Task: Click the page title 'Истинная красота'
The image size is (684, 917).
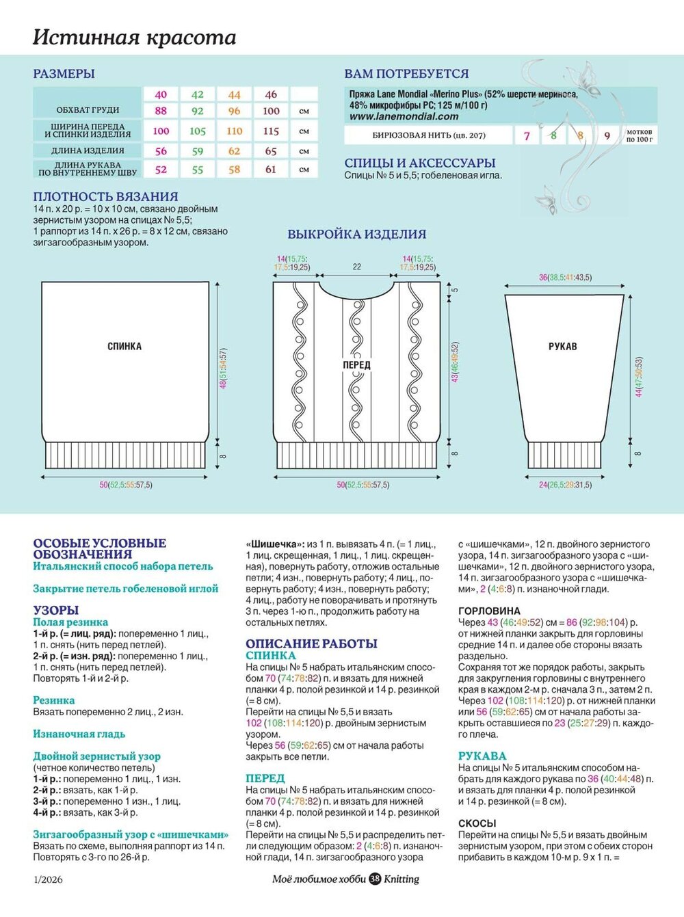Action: (135, 37)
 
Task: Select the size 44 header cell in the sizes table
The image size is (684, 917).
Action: (235, 94)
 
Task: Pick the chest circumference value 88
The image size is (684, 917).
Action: (161, 111)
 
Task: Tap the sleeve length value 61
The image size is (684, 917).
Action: (271, 170)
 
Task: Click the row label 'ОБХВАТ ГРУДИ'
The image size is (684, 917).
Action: (88, 110)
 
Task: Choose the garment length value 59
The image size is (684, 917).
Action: (198, 151)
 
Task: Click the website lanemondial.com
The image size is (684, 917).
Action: (404, 116)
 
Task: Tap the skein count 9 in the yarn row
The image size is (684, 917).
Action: (607, 135)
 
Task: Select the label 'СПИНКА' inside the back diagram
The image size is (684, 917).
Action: (124, 347)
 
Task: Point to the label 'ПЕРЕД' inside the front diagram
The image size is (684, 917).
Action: (356, 365)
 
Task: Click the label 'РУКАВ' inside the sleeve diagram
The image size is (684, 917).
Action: (563, 347)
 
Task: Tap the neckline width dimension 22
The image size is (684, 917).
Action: (356, 267)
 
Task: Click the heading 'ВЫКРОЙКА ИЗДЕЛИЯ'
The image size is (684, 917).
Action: (356, 234)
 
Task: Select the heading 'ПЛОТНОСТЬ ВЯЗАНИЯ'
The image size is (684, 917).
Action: (105, 196)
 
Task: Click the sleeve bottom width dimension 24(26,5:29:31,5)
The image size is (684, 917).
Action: (564, 485)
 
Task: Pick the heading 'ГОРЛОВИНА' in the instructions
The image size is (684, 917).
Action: (489, 611)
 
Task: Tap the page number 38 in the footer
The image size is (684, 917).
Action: (376, 879)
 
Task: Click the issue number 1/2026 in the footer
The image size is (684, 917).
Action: (48, 879)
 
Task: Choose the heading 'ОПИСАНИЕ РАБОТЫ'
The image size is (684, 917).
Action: (311, 643)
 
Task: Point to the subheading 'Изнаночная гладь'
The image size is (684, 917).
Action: (79, 734)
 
